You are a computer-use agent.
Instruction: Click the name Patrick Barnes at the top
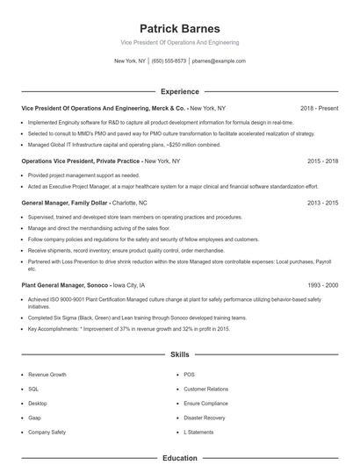pos(179,29)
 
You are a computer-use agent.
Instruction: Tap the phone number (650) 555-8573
pos(169,61)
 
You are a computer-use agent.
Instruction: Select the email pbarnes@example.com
pos(219,61)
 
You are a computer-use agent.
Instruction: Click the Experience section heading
pos(179,91)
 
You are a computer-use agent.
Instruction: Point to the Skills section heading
pos(179,354)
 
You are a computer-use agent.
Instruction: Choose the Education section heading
pos(179,458)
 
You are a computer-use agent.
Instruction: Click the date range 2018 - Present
pos(319,108)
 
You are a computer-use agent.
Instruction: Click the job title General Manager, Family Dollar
pos(64,202)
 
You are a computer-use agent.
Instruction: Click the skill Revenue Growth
pos(47,375)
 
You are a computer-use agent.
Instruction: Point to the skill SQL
pos(33,389)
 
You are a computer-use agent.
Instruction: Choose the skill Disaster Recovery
pos(205,418)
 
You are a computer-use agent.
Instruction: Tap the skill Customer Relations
pos(205,389)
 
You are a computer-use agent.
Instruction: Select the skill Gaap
pos(35,418)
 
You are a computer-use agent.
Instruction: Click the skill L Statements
pos(198,432)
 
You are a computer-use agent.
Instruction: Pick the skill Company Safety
pos(47,432)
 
